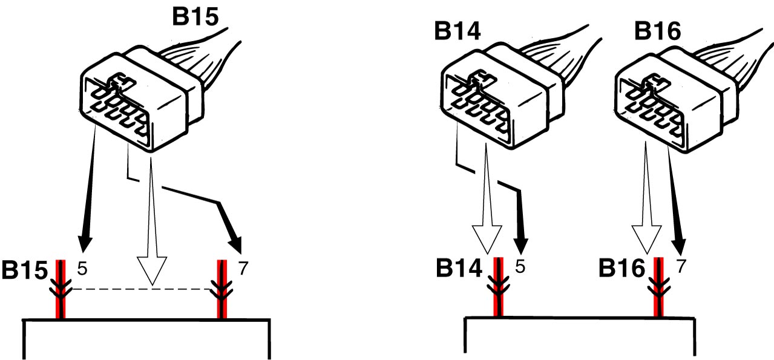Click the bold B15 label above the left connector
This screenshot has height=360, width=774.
point(195,16)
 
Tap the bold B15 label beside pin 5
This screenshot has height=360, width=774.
point(25,270)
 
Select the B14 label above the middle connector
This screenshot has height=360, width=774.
point(457,31)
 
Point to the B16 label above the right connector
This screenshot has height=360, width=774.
point(658,31)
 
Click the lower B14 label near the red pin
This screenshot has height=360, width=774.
point(459,268)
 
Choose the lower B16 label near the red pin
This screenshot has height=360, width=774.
point(621,268)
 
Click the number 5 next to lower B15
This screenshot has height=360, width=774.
point(82,268)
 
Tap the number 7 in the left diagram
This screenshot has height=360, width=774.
point(243,268)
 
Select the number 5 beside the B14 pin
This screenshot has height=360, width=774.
point(520,266)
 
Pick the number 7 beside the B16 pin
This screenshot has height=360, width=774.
point(681,266)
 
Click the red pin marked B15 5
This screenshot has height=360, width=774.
point(61,289)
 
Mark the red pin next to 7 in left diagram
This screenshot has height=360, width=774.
point(222,289)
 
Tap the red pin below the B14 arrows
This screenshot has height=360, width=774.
point(498,287)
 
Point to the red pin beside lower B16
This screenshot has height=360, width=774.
point(659,287)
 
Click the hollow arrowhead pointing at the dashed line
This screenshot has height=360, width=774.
point(152,270)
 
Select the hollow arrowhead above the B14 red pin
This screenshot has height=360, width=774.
point(487,240)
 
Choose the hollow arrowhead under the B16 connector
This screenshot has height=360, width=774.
point(646,240)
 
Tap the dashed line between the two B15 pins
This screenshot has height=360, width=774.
point(142,289)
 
